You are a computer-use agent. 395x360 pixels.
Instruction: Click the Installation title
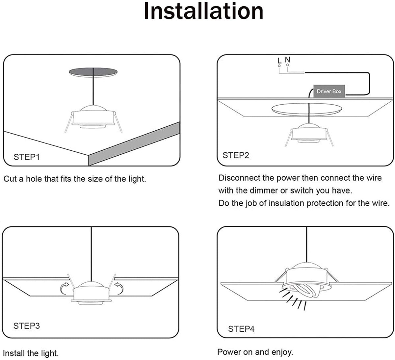[x=203, y=11]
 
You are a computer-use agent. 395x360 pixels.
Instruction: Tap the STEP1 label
[x=26, y=157]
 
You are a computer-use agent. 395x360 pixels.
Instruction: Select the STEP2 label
[x=236, y=155]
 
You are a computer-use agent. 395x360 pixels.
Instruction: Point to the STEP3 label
[x=26, y=326]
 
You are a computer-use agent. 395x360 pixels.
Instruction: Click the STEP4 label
[x=241, y=329]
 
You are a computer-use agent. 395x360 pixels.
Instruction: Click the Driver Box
[x=329, y=91]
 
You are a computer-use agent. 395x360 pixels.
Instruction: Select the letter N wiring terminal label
[x=288, y=60]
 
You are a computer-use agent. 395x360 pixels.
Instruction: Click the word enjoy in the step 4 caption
[x=281, y=352]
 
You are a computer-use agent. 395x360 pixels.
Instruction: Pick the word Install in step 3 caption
[x=13, y=353]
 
